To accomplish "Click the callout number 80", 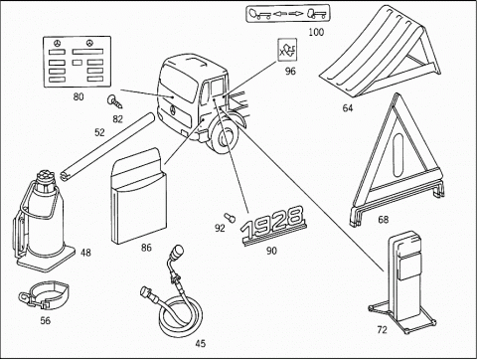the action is pos(79,96).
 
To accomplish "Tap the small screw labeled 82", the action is pos(115,101).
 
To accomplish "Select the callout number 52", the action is pos(99,132).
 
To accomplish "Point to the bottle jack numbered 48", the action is pos(43,221).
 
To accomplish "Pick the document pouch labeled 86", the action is pos(138,196).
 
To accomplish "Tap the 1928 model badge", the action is pos(272,226).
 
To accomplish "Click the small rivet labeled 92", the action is pos(230,218).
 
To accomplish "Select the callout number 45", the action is pos(200,343).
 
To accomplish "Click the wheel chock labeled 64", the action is pos(381,52).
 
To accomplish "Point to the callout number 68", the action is pos(383,220).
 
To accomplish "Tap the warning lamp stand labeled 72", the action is pos(402,281).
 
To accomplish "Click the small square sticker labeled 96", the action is pos(287,50).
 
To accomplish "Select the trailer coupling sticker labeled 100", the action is pos(288,14).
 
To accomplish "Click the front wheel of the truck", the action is pos(225,136).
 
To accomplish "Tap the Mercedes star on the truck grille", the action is pos(173,109).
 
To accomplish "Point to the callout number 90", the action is pos(271,251).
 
